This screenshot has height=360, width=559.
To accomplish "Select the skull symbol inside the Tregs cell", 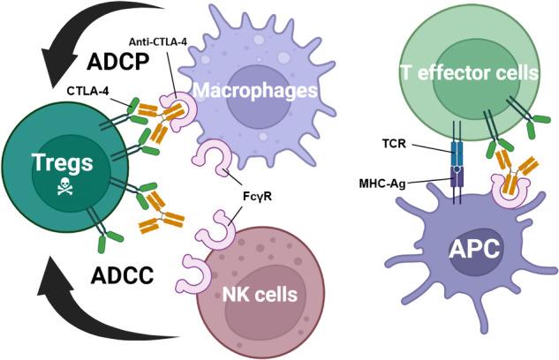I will click(x=64, y=187).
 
